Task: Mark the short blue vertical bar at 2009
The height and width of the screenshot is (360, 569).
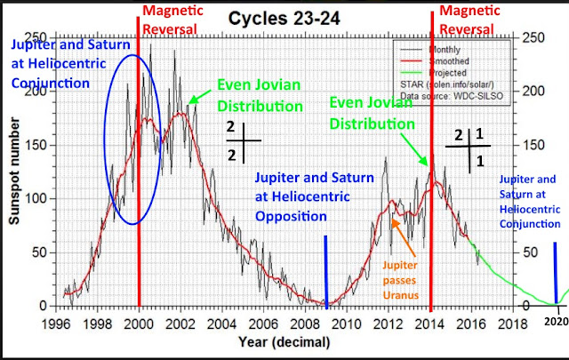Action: tap(326, 271)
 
